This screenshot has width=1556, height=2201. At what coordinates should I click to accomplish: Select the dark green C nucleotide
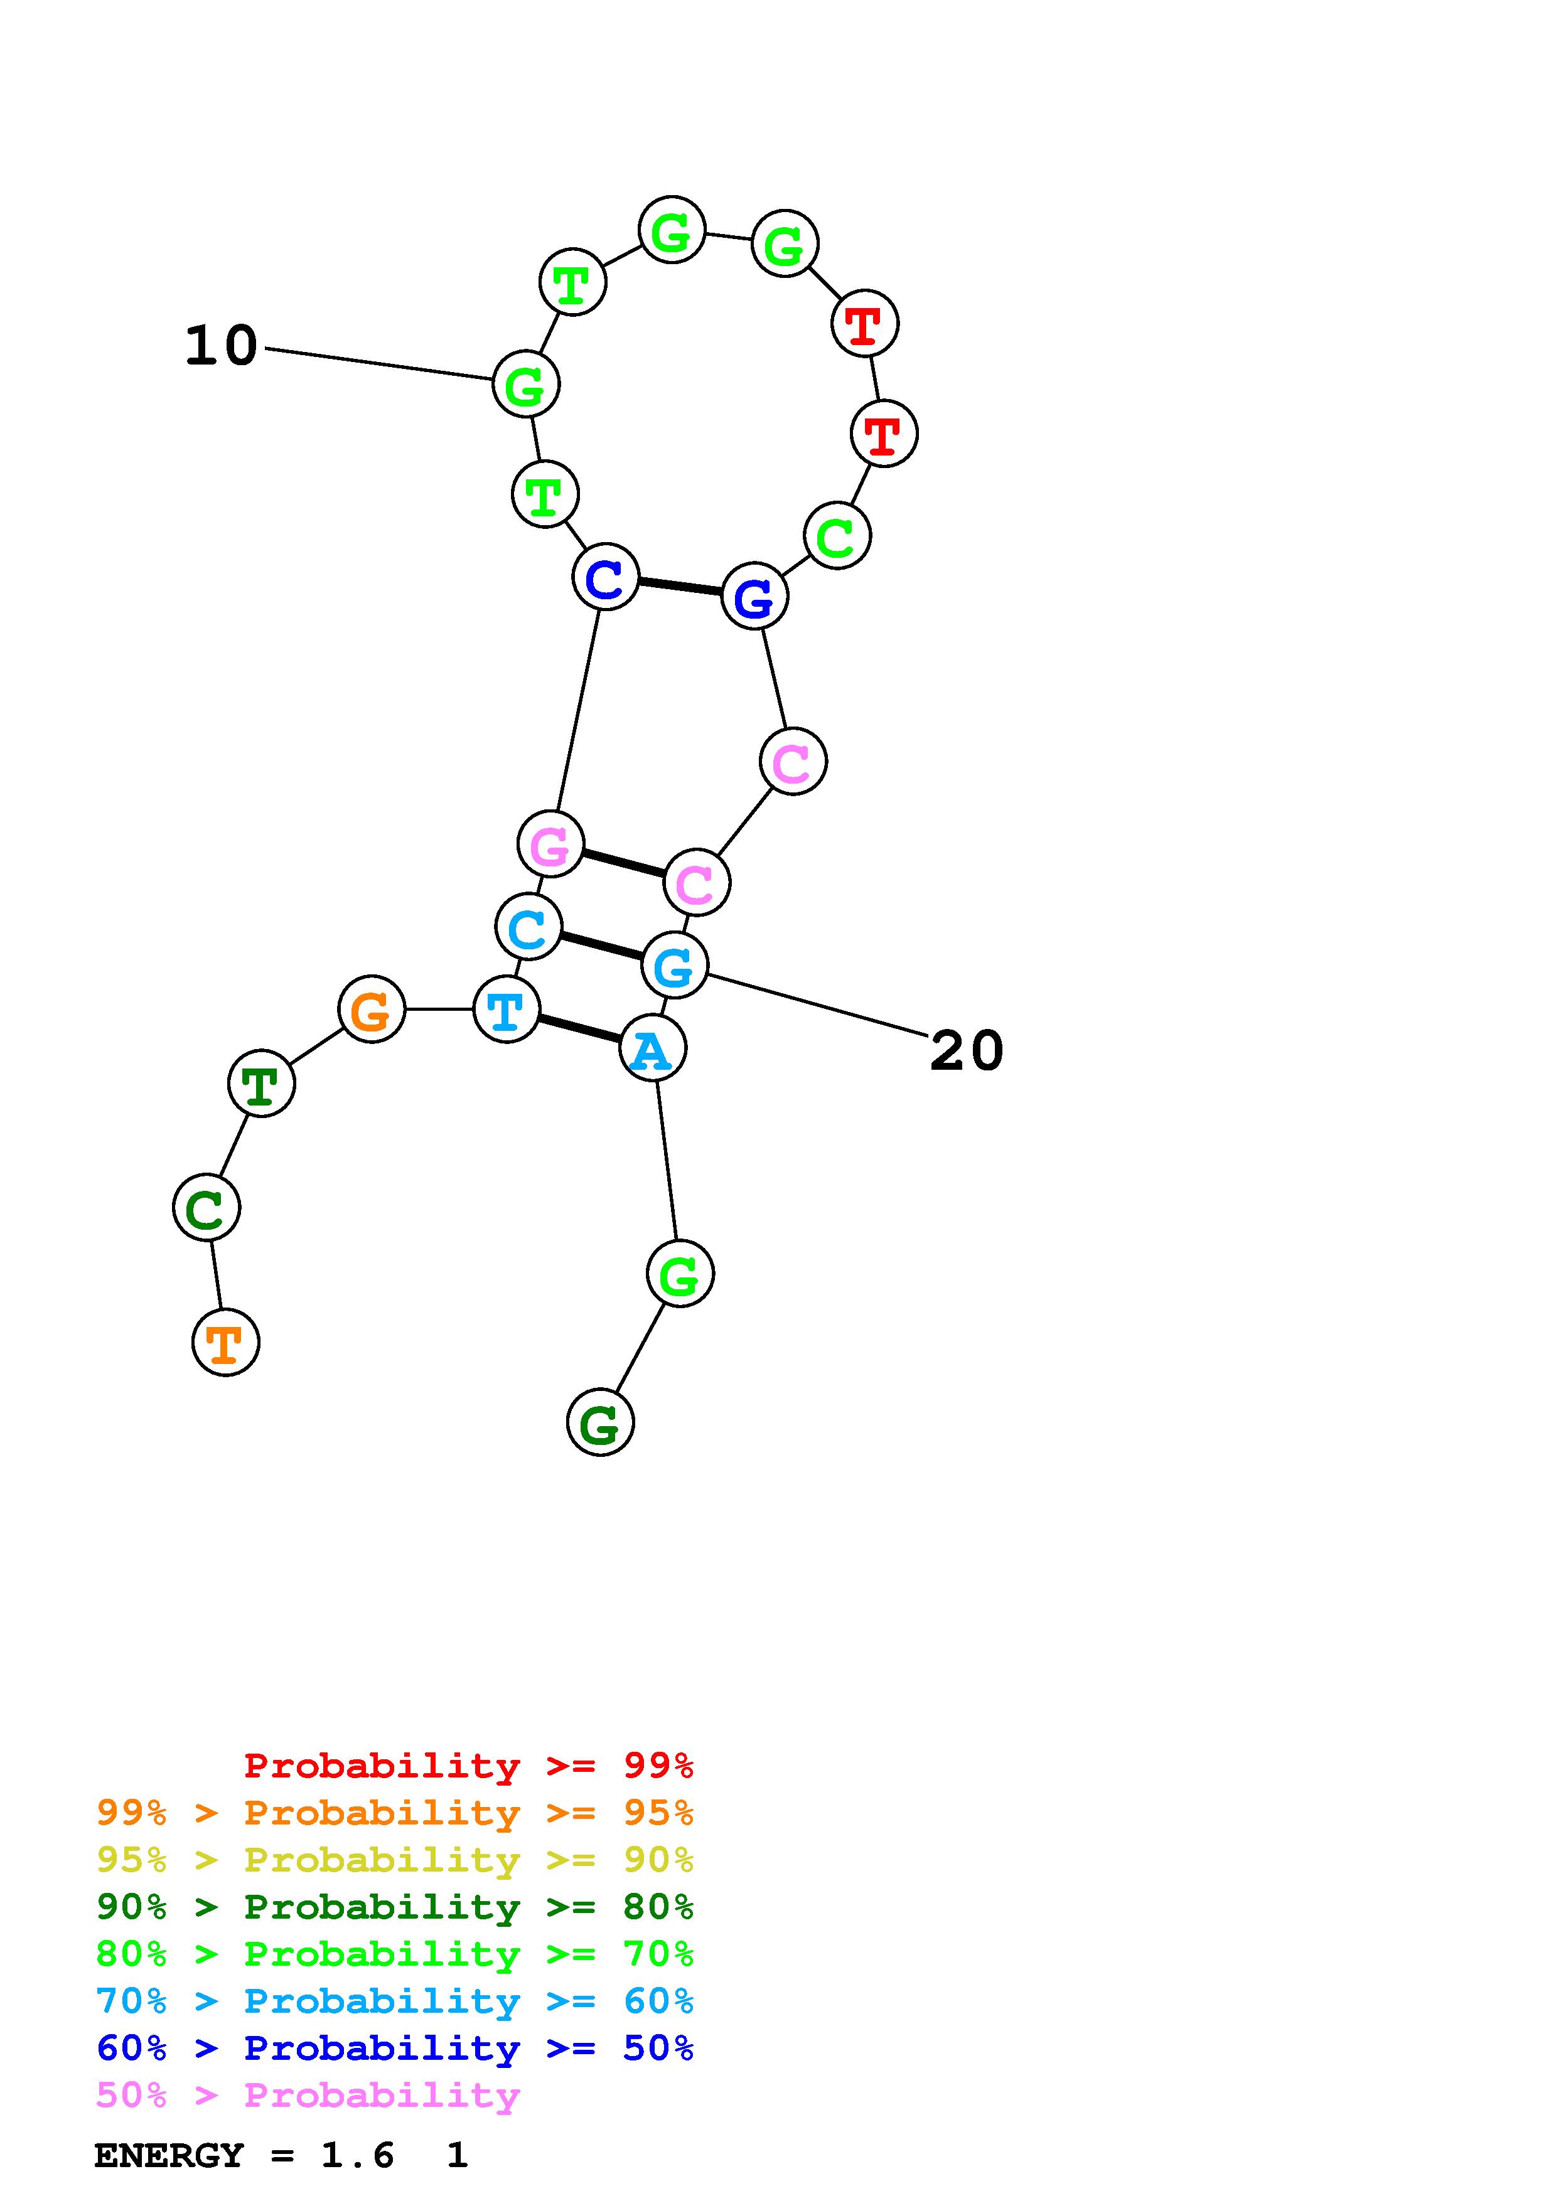206,1208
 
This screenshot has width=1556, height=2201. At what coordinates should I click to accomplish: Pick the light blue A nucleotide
653,1048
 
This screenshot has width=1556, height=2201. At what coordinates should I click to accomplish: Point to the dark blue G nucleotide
754,596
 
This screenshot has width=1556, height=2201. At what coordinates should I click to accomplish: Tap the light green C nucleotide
837,536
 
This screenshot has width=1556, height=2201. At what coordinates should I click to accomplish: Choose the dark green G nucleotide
600,1422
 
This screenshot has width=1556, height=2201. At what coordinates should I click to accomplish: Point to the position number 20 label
967,1051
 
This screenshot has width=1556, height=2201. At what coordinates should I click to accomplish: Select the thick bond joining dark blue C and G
680,587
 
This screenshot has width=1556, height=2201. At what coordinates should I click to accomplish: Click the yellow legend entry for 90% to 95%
394,1859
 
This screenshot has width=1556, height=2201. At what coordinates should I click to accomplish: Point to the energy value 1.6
357,2155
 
